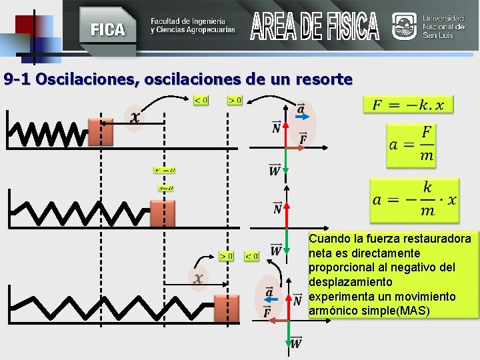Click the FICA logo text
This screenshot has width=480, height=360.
(x=107, y=29)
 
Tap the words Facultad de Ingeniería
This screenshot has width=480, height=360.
(x=188, y=21)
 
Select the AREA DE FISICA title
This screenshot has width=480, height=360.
(x=315, y=26)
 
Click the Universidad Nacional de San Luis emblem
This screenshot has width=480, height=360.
(x=405, y=27)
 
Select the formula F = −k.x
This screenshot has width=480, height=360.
(x=408, y=105)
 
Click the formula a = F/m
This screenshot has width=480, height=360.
(x=410, y=143)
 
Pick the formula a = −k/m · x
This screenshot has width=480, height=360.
(x=414, y=197)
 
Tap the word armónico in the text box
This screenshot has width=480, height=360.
(x=333, y=311)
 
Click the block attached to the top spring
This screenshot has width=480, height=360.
(x=101, y=132)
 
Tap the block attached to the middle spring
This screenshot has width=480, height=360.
(x=162, y=213)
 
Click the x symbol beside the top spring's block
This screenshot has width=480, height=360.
(x=135, y=117)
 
